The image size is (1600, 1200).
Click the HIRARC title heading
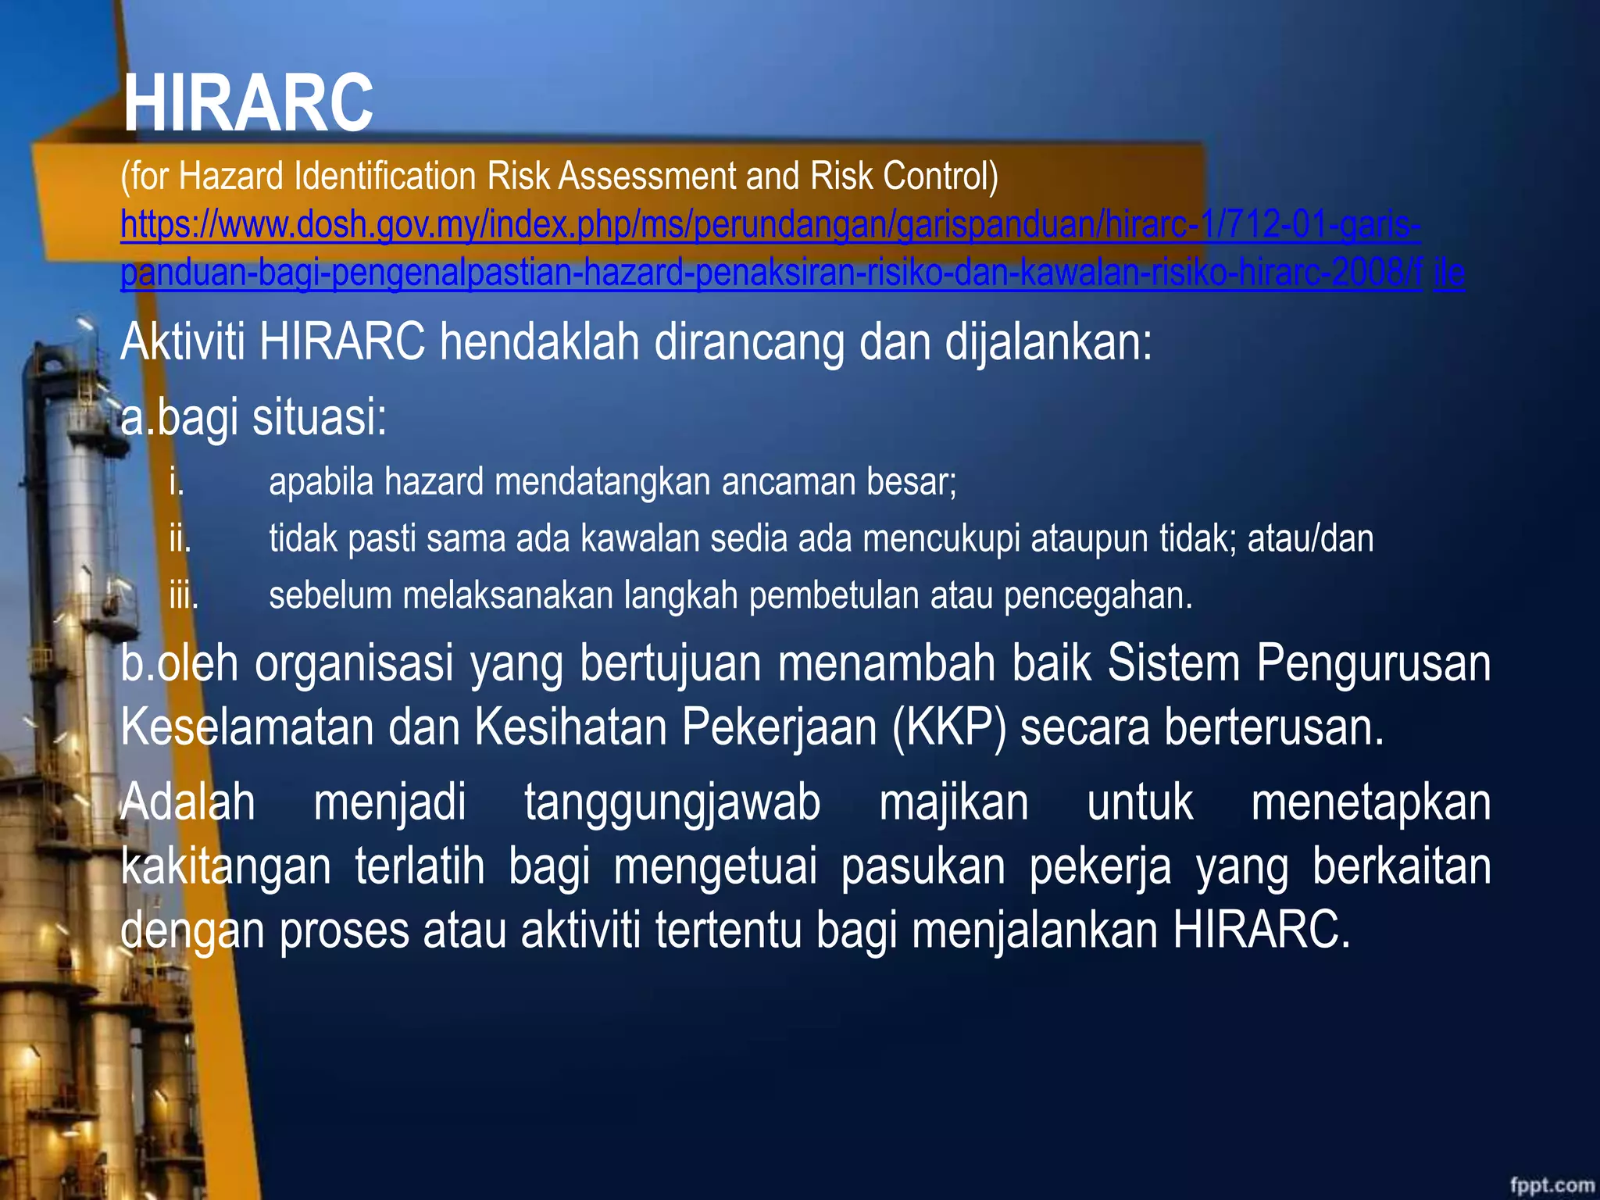coord(248,103)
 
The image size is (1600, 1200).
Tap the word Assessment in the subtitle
coord(648,176)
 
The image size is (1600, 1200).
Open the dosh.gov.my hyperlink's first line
coord(770,225)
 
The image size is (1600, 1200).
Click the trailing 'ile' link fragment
coord(1448,273)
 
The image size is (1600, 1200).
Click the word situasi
coord(319,416)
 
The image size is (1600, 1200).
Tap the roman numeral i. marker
coord(177,482)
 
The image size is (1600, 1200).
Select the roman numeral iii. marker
coord(184,596)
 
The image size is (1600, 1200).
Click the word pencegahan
coord(1098,596)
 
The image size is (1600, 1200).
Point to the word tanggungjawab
coord(672,802)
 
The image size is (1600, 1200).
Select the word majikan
coord(954,802)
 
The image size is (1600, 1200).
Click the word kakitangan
coord(226,866)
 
